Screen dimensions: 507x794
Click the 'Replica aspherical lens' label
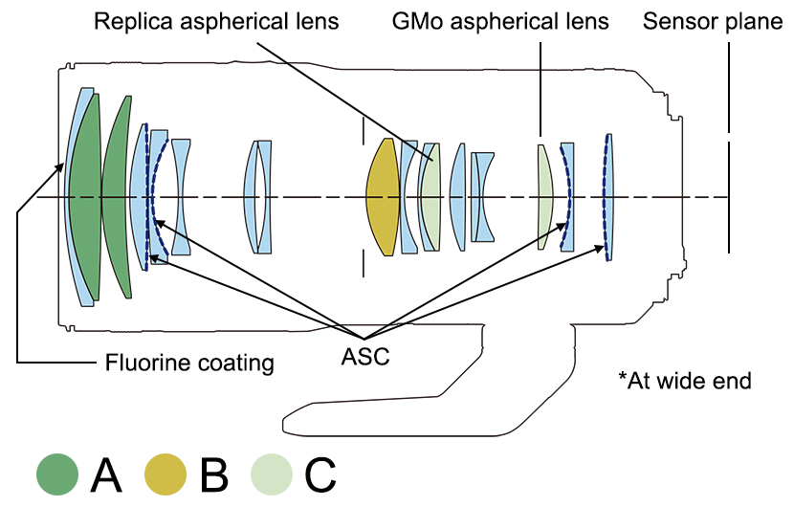tap(216, 21)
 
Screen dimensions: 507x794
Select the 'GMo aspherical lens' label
tap(500, 21)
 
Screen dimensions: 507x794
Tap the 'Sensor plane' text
tap(714, 21)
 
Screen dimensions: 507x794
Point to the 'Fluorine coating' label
tap(189, 363)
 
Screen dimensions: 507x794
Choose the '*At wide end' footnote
tap(685, 380)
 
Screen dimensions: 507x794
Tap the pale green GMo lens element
tap(545, 196)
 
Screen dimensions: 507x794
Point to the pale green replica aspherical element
tap(430, 196)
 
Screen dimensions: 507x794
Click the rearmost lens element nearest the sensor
tap(608, 196)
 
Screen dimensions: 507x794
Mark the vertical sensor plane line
tap(729, 196)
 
